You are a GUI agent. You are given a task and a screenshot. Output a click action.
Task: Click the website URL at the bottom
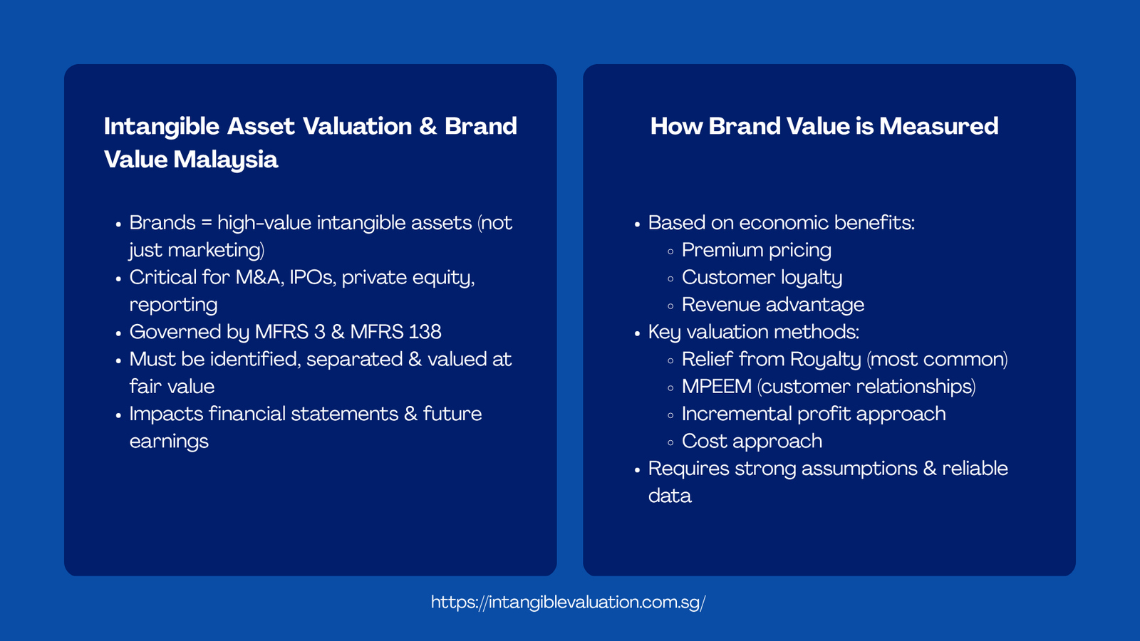(568, 603)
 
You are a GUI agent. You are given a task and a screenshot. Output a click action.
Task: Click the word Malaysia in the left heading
(225, 160)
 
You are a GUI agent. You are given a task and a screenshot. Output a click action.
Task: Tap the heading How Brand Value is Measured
(824, 126)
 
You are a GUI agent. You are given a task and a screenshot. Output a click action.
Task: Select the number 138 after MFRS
(425, 332)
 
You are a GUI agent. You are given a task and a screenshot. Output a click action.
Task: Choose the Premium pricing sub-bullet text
(756, 250)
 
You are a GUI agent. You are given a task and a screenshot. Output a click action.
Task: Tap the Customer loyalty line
(762, 278)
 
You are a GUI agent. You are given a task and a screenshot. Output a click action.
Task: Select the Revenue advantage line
(772, 305)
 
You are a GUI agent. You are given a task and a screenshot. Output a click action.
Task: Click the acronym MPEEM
(716, 387)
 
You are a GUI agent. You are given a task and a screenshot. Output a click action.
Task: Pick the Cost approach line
(752, 442)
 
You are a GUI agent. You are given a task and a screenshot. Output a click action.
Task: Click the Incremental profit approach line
(813, 414)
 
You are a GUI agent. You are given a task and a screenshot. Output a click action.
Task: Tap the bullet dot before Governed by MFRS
(118, 333)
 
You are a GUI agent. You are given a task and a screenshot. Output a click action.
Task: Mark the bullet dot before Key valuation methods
(637, 333)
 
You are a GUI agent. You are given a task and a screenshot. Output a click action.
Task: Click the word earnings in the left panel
(169, 442)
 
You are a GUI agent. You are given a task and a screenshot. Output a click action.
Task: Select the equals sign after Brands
(207, 223)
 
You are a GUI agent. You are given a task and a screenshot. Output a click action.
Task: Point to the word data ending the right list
(669, 496)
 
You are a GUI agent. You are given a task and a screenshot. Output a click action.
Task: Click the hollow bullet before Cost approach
(670, 442)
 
